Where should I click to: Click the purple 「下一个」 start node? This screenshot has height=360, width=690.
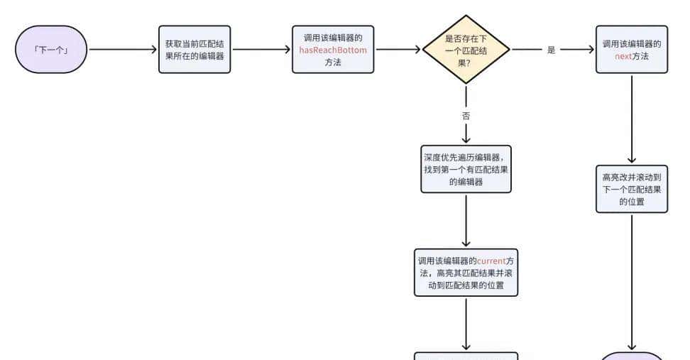click(50, 50)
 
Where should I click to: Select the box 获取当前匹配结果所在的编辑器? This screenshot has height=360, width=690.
click(194, 50)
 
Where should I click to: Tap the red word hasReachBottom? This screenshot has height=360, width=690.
click(333, 50)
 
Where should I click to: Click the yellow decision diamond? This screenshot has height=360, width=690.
click(466, 50)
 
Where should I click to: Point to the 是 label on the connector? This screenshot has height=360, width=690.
click(552, 50)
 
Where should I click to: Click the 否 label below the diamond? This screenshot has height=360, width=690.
click(466, 115)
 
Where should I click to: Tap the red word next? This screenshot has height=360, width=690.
click(623, 55)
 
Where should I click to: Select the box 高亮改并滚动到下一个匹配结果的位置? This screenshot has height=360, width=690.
click(631, 189)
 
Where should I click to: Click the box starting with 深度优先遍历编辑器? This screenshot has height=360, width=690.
click(466, 170)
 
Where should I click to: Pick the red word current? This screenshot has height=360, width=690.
click(491, 261)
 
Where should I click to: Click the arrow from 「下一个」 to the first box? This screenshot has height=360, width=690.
click(122, 50)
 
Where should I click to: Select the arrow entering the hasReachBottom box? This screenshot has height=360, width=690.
click(262, 50)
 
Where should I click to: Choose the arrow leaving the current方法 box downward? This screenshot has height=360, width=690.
click(466, 323)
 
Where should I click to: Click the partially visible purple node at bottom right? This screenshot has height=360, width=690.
click(631, 356)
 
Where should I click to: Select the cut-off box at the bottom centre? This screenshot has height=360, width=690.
click(466, 356)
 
